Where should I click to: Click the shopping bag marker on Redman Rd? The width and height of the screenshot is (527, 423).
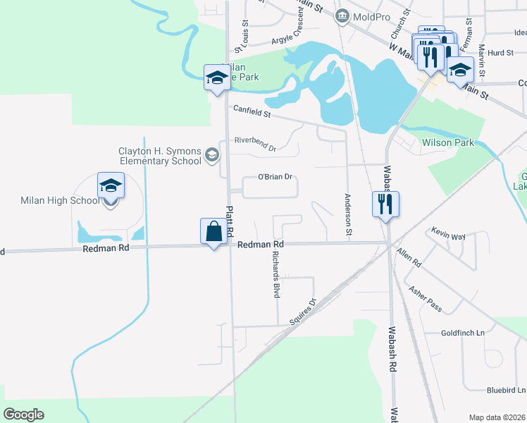[x=214, y=231]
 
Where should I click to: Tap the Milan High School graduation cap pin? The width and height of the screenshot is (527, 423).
[x=111, y=185]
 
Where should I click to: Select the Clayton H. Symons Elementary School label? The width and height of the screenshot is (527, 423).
[x=160, y=155]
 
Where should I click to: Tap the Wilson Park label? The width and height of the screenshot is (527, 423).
[x=449, y=142]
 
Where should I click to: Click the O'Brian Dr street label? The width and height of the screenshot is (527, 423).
[x=275, y=177]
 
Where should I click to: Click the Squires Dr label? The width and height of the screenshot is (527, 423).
[x=304, y=313]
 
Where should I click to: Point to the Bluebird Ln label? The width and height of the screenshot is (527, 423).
[x=506, y=390]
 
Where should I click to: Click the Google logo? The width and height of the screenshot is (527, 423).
[x=24, y=414]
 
